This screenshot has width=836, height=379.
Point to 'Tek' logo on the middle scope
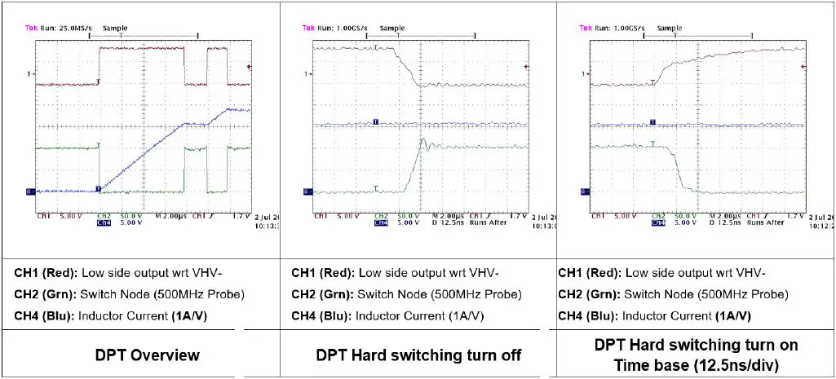pyautogui.click(x=308, y=28)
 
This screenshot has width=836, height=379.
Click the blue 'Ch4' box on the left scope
pyautogui.click(x=104, y=222)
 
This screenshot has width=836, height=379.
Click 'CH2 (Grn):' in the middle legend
pyautogui.click(x=323, y=294)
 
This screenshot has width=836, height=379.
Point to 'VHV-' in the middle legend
pyautogui.click(x=483, y=273)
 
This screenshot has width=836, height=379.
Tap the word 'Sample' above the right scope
pyautogui.click(x=670, y=28)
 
